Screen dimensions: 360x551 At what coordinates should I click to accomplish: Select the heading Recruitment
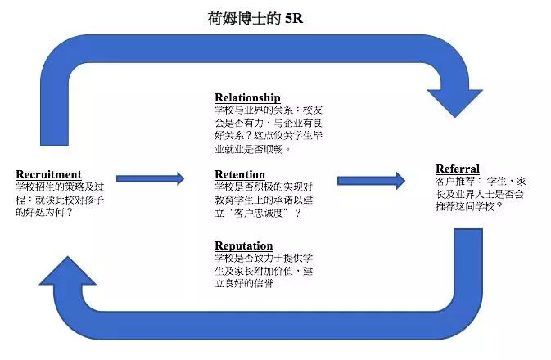(x=48, y=173)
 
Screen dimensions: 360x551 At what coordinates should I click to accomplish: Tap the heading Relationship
(x=246, y=97)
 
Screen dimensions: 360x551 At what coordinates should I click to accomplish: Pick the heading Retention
(x=239, y=174)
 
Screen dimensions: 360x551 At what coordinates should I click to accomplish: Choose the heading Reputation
(x=243, y=245)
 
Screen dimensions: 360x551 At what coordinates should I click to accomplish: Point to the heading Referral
(x=458, y=169)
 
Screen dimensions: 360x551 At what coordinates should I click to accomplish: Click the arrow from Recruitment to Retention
(x=150, y=178)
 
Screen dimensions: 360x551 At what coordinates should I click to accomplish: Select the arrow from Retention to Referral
(x=371, y=180)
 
